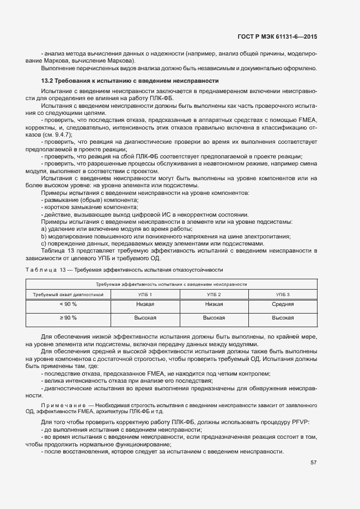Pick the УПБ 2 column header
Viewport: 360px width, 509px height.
click(x=213, y=295)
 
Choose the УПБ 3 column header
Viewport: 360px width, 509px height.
click(x=283, y=295)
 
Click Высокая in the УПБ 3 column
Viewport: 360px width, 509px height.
click(x=283, y=317)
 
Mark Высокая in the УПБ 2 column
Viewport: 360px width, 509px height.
click(x=213, y=317)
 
